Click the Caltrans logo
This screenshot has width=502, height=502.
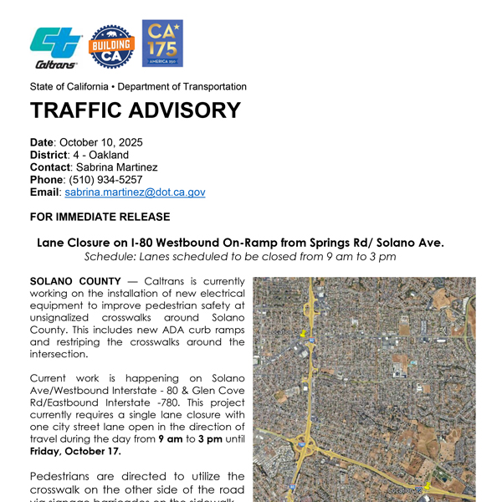click(56, 47)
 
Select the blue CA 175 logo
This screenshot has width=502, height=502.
click(162, 44)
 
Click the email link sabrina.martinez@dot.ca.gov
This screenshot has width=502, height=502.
click(135, 192)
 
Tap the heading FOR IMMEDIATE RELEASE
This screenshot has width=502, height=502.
click(100, 217)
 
